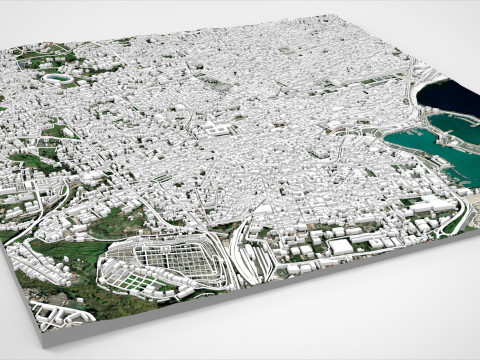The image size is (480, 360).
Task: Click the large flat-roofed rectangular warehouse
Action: tap(341, 246)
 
